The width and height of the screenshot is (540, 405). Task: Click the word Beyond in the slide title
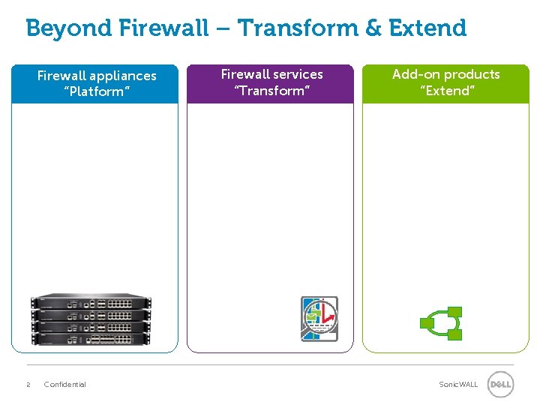(x=67, y=28)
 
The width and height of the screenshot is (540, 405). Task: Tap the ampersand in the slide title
(x=373, y=28)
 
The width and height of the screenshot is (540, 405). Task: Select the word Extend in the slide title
(x=427, y=28)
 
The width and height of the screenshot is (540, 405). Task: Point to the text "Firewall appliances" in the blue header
(x=97, y=76)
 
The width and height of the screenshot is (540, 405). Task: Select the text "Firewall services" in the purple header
(x=271, y=74)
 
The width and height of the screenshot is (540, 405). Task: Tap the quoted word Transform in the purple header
(x=271, y=91)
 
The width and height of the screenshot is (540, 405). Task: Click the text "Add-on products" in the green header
(x=445, y=74)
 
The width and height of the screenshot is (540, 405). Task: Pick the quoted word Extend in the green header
(x=445, y=91)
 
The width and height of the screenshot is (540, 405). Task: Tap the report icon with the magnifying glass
(x=319, y=318)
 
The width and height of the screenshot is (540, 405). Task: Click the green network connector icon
(x=441, y=323)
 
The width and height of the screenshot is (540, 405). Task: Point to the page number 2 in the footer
(x=28, y=385)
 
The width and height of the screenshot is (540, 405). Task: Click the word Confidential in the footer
(x=65, y=385)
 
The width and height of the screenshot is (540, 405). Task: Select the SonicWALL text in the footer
(x=457, y=385)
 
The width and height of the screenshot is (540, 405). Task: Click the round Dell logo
(x=500, y=385)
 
